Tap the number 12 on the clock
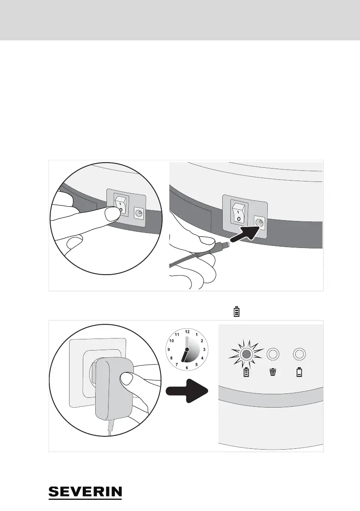pos(187,332)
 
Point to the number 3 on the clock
pos(204,350)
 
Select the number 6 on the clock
pos(187,368)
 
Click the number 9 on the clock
pos(169,350)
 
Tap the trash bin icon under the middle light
pos(273,372)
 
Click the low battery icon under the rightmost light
pos(299,372)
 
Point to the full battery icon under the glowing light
pos(246,372)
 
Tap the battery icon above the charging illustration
pos(236,311)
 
